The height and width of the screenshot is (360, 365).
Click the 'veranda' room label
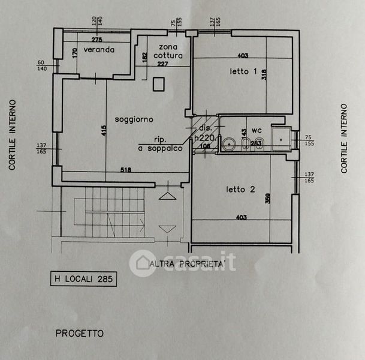coord(99,50)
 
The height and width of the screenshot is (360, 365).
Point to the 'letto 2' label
coord(241,189)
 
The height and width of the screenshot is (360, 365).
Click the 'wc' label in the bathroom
coord(257,130)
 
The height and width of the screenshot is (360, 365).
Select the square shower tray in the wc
coord(280,138)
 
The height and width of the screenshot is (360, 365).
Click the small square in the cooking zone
coord(159,84)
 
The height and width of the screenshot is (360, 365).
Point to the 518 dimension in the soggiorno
coord(125,170)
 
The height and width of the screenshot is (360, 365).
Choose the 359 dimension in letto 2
coord(267,197)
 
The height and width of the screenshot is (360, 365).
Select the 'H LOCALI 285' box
coord(82,278)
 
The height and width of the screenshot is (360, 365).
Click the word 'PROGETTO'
coord(79,333)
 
